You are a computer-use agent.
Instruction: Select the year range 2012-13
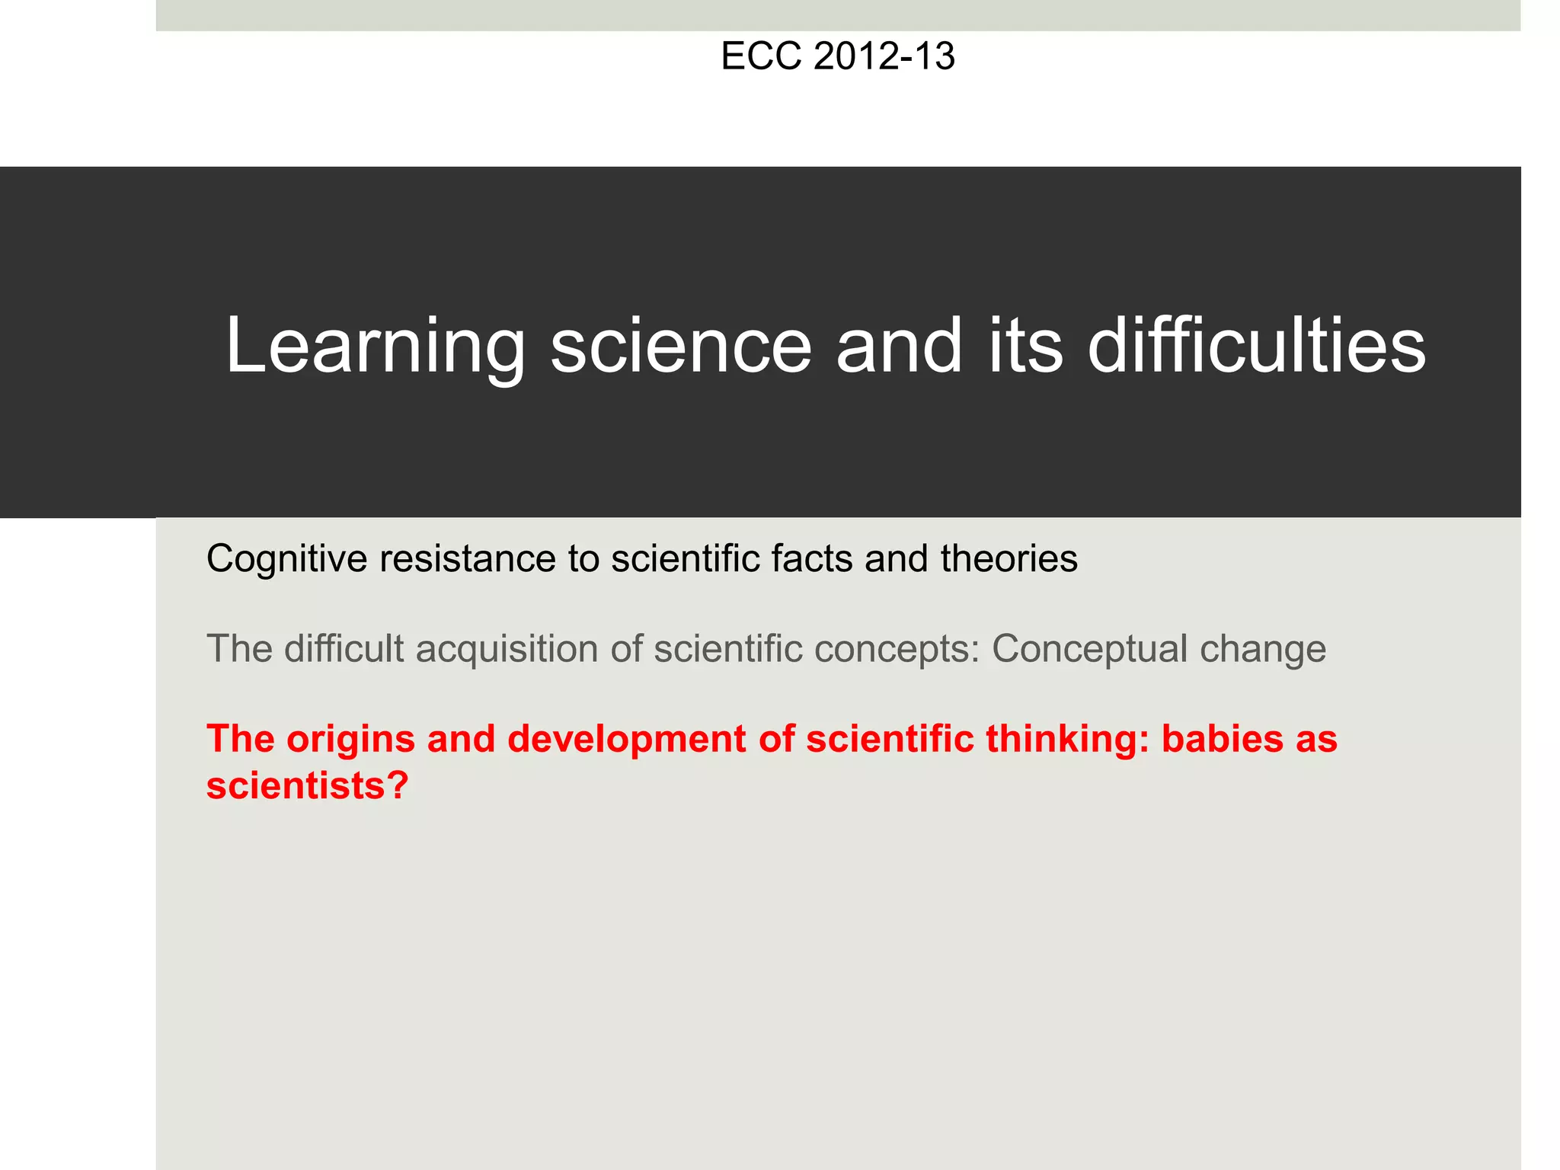(x=884, y=57)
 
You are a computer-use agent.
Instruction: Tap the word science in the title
(x=681, y=347)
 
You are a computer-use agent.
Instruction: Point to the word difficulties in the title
(x=1256, y=347)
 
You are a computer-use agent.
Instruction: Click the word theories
(x=1009, y=558)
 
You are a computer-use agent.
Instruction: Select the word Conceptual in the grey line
(x=1089, y=650)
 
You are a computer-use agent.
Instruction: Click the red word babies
(x=1222, y=739)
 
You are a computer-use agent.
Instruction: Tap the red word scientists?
(x=308, y=785)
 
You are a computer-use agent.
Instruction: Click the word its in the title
(x=1025, y=347)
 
